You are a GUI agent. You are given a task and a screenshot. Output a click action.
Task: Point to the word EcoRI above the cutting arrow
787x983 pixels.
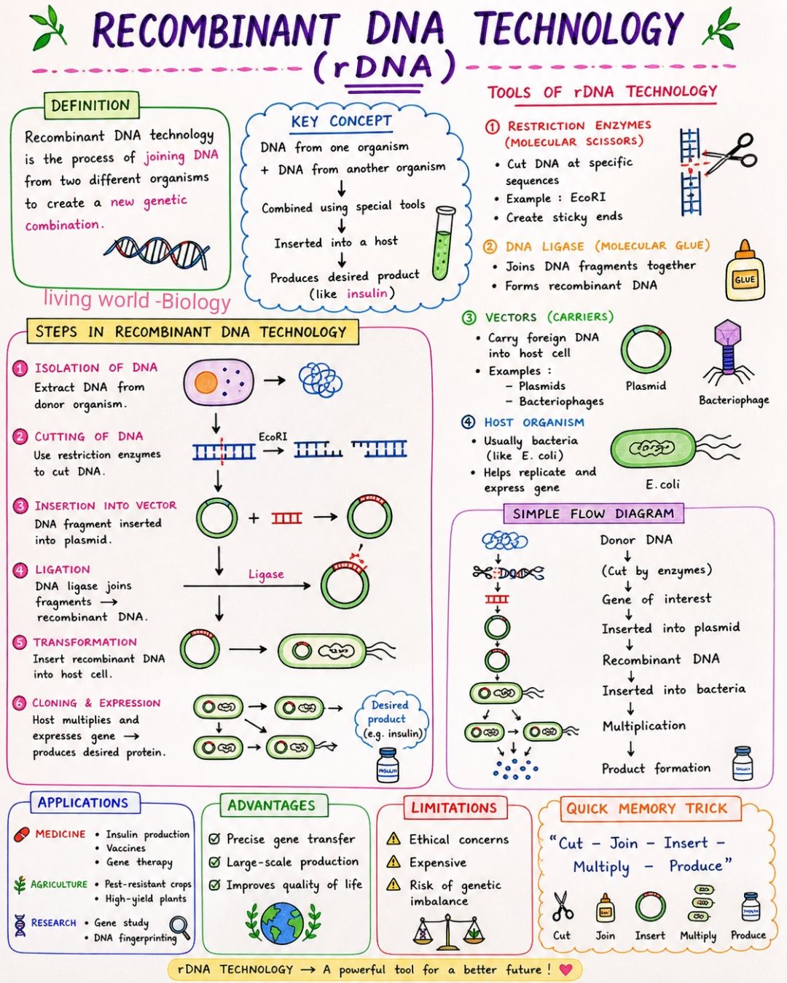(x=273, y=436)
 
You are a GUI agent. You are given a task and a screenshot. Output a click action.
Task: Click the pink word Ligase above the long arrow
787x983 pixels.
(x=266, y=574)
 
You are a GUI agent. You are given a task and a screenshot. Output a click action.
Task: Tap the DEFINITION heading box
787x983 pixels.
(x=91, y=106)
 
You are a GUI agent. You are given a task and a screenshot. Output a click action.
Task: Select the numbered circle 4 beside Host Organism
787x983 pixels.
(x=468, y=422)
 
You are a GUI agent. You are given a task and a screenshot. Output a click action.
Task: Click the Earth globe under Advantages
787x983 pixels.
(x=282, y=923)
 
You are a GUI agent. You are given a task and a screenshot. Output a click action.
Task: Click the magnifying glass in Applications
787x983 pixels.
(x=180, y=928)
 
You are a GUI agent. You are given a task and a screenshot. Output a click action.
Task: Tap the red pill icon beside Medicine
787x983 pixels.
(x=21, y=834)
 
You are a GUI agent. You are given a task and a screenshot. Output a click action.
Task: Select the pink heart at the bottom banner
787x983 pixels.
(x=565, y=969)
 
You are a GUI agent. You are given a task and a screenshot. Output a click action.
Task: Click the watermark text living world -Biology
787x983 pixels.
(x=137, y=300)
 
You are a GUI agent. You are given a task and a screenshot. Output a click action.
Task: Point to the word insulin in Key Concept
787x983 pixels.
(x=367, y=293)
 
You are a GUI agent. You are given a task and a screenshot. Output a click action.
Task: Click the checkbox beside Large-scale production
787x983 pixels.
(x=214, y=862)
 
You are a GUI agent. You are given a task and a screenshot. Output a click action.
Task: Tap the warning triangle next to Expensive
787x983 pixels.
(x=393, y=862)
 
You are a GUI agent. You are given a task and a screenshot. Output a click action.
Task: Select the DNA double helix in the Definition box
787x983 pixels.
(x=157, y=254)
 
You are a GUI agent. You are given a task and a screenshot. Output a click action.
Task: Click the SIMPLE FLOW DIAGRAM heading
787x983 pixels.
(x=593, y=514)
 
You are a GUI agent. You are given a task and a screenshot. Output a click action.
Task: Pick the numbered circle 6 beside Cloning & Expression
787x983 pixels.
(x=19, y=703)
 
